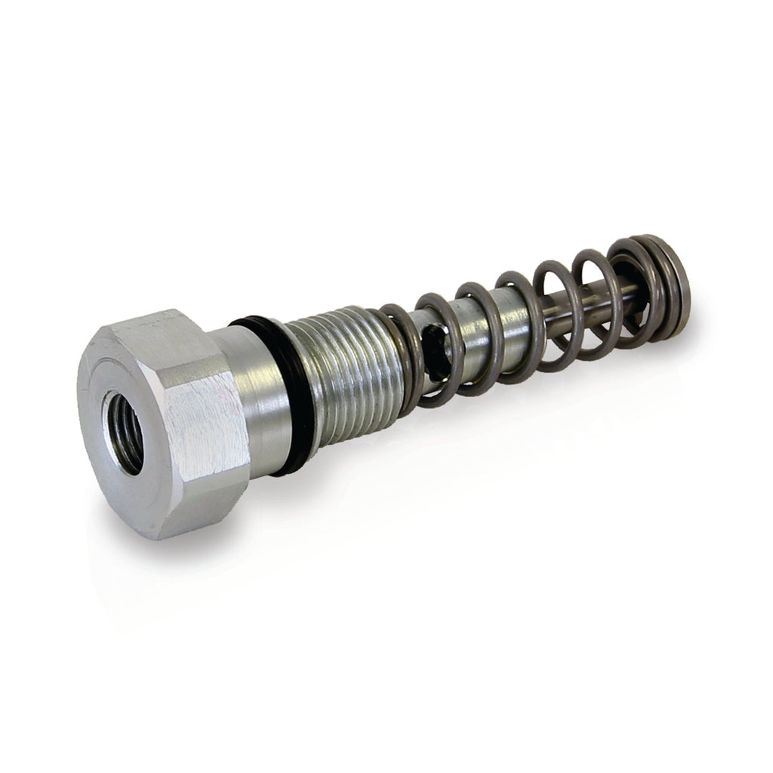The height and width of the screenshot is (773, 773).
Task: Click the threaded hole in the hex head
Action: pos(124,432)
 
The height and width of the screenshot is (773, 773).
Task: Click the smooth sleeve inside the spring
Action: pos(483,332)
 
